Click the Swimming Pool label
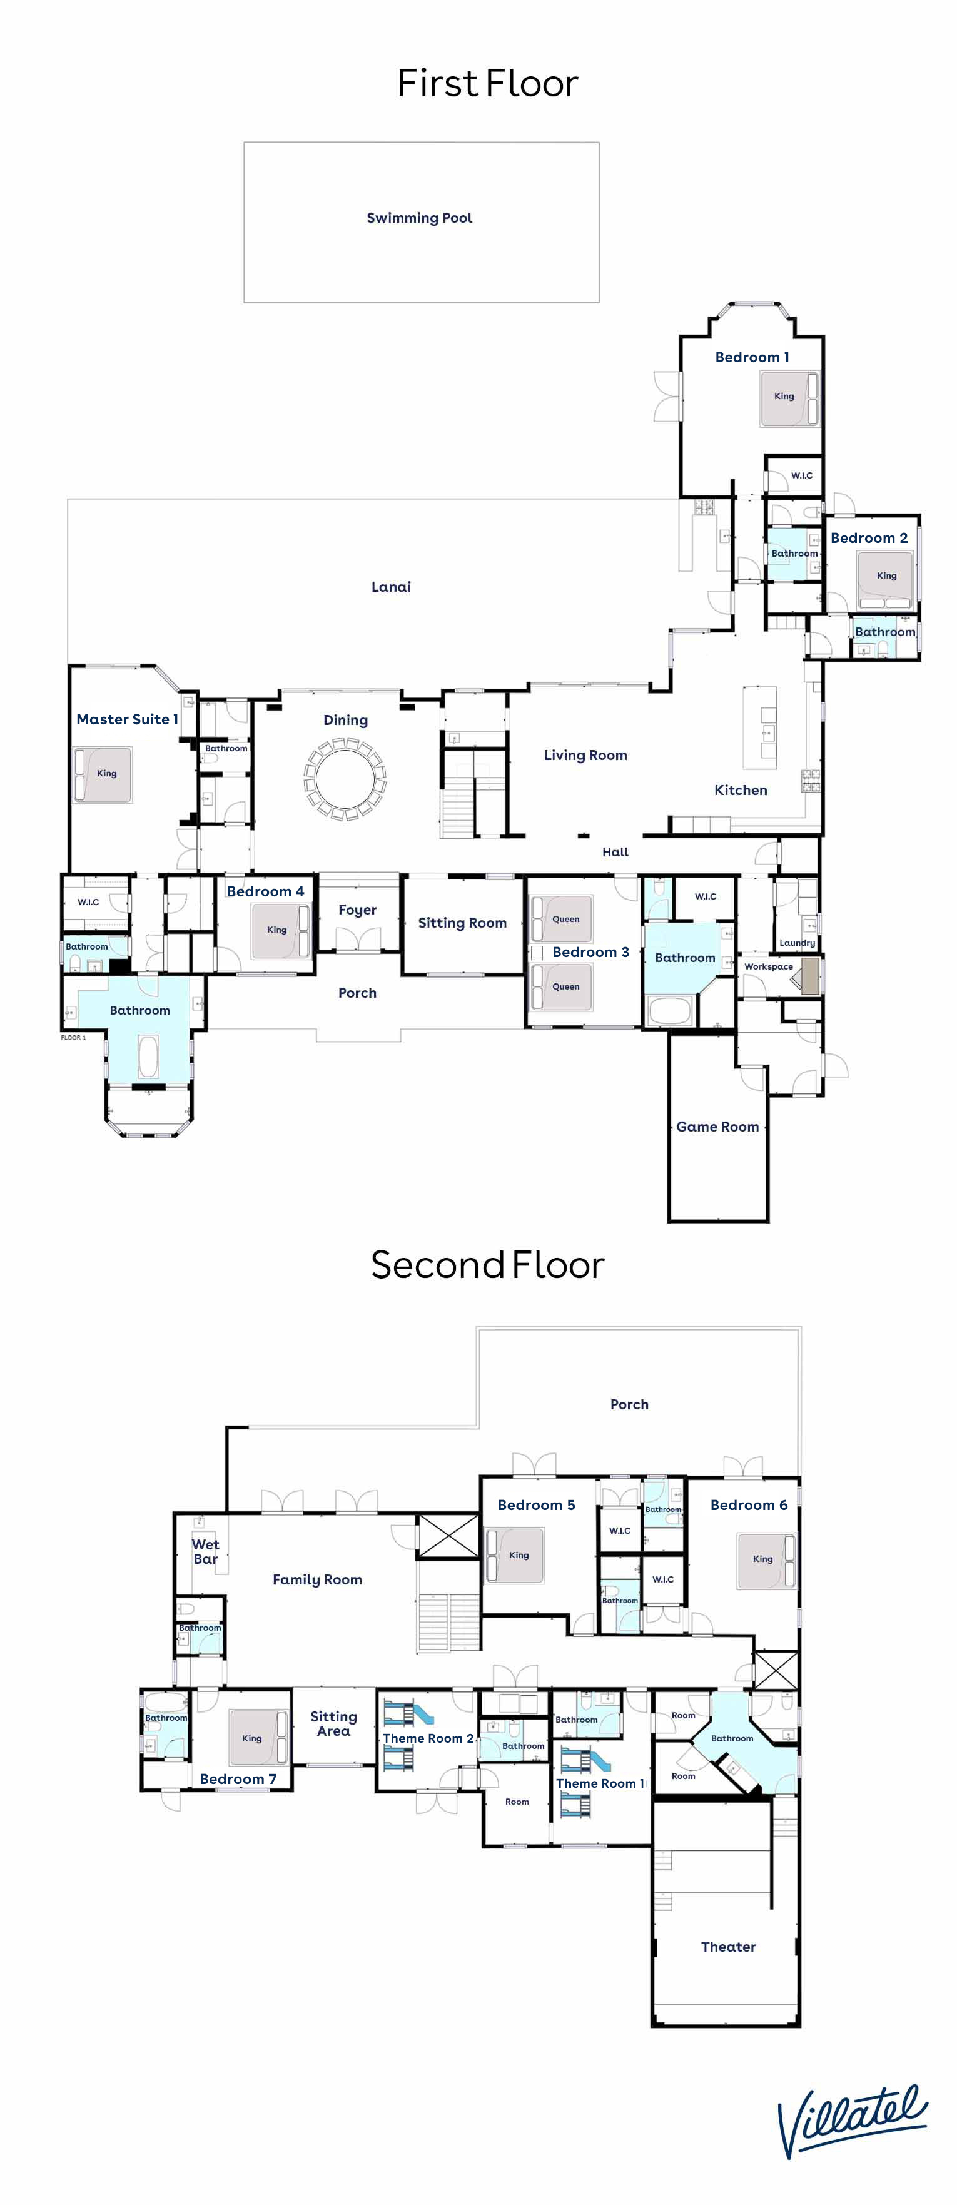coord(420,218)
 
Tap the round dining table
coord(346,780)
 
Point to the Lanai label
coord(391,587)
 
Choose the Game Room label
coord(717,1127)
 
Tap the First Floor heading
coord(488,84)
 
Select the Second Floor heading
coord(488,1265)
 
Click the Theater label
coord(729,1947)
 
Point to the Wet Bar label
coord(205,1551)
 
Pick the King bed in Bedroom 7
coord(258,1738)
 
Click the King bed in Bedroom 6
coord(767,1561)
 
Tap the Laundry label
coord(797,943)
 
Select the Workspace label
coord(769,966)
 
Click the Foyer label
coord(358,910)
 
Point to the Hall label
coord(615,852)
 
